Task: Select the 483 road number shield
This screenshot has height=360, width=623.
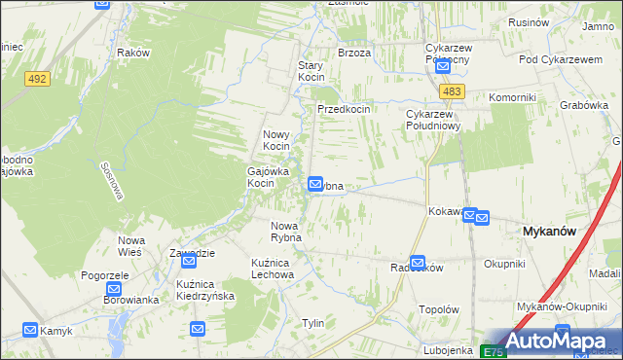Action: coord(450,91)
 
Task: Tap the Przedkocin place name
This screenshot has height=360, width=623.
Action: coord(343,110)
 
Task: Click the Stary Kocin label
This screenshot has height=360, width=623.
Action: coord(311,71)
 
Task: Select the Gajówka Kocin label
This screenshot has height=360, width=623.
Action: coord(259,175)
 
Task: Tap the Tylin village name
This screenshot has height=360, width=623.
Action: coord(312,323)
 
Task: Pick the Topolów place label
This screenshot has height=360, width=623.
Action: coord(438,309)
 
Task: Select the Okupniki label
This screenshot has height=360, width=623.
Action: coord(504,264)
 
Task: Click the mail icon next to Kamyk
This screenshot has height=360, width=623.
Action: coord(29,330)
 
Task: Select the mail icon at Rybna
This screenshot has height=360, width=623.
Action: coord(316,184)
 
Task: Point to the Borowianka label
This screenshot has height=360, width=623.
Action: coord(131,300)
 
